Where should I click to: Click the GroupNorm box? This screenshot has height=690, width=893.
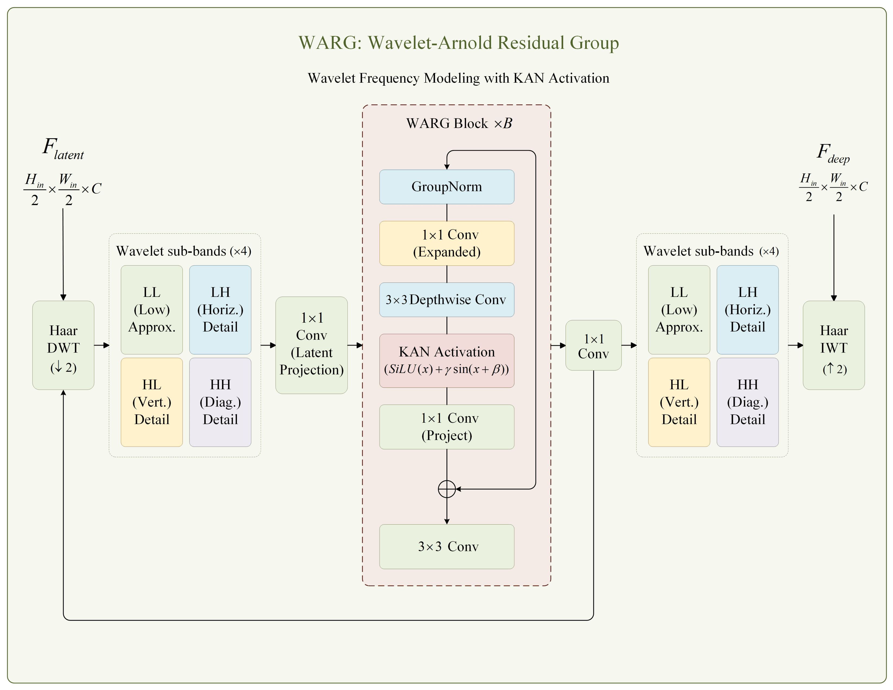coord(446,187)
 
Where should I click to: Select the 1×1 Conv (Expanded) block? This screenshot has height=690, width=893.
coord(446,243)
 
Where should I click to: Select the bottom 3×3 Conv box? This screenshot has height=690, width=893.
coord(446,547)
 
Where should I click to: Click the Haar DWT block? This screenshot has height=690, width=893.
coord(63,345)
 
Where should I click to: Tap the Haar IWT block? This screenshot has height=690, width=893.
coord(834,345)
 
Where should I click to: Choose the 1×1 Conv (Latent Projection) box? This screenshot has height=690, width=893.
coord(312,345)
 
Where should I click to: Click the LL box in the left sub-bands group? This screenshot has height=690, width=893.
coord(152,310)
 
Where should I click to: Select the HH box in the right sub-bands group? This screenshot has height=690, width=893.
coord(748,402)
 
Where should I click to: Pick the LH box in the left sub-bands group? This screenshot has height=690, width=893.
coord(220,310)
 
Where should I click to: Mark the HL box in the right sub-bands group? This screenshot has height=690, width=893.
coord(679,402)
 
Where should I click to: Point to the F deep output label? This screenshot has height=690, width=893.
coord(833,153)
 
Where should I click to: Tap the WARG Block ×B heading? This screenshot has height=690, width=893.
coord(459,123)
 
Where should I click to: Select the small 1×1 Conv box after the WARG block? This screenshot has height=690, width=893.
coord(593,345)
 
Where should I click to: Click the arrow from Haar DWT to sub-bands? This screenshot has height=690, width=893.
coord(102,345)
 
